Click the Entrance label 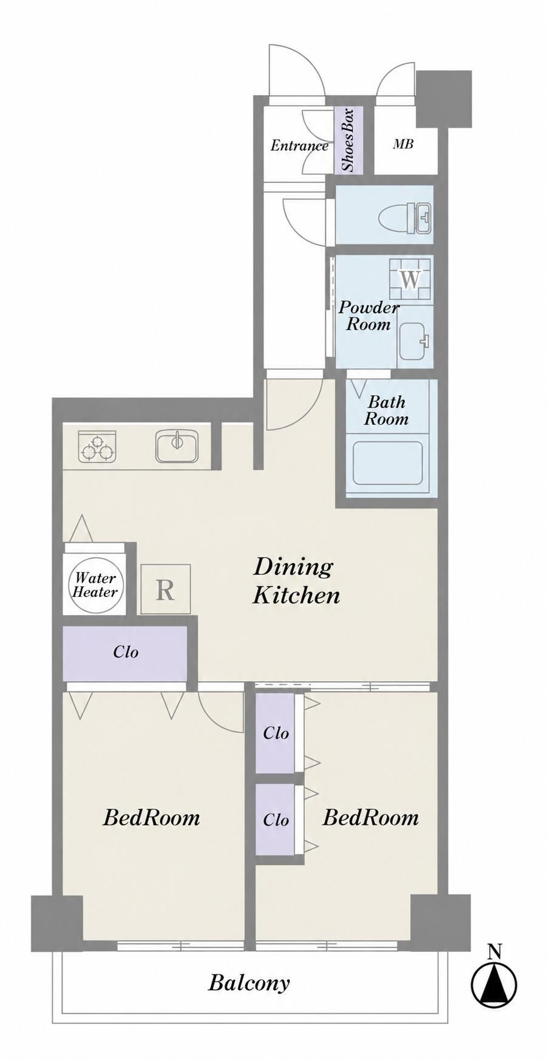299,146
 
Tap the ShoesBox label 348,140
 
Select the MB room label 403,144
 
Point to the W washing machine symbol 410,280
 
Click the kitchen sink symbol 176,446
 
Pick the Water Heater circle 95,585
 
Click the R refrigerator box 165,589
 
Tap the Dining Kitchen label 296,580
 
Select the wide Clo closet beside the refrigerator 125,653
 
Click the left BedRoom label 151,817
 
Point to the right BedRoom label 370,817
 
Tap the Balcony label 249,983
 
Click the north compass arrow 495,980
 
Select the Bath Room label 386,410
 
